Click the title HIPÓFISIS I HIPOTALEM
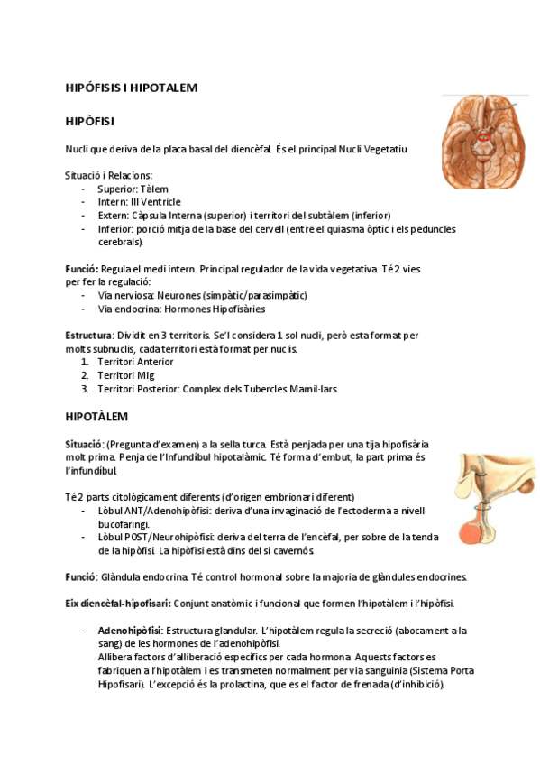[x=132, y=88]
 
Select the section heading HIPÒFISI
[x=89, y=120]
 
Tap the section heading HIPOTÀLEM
[x=97, y=417]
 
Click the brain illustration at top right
[x=483, y=141]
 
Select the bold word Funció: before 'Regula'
[x=82, y=269]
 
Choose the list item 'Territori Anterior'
[x=135, y=362]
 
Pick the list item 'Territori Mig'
[x=125, y=375]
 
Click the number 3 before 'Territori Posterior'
[x=85, y=389]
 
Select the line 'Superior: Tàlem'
[x=133, y=189]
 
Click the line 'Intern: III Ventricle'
[x=139, y=202]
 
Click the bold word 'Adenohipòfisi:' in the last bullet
[x=130, y=631]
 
